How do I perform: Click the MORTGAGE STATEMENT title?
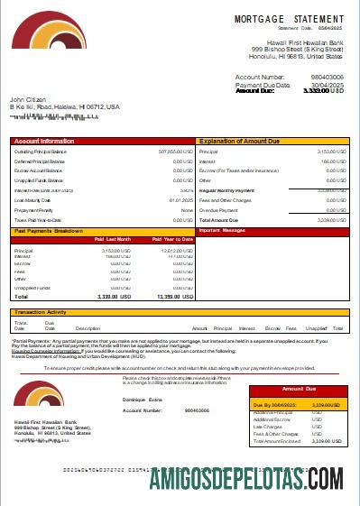pyautogui.click(x=289, y=18)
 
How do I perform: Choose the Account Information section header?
pyautogui.click(x=44, y=142)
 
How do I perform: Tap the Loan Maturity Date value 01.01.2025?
pyautogui.click(x=181, y=200)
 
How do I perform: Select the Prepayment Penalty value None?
pyautogui.click(x=188, y=210)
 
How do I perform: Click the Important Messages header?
pyautogui.click(x=222, y=231)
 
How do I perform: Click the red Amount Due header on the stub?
pyautogui.click(x=298, y=388)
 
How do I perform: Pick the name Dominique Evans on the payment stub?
pyautogui.click(x=143, y=399)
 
